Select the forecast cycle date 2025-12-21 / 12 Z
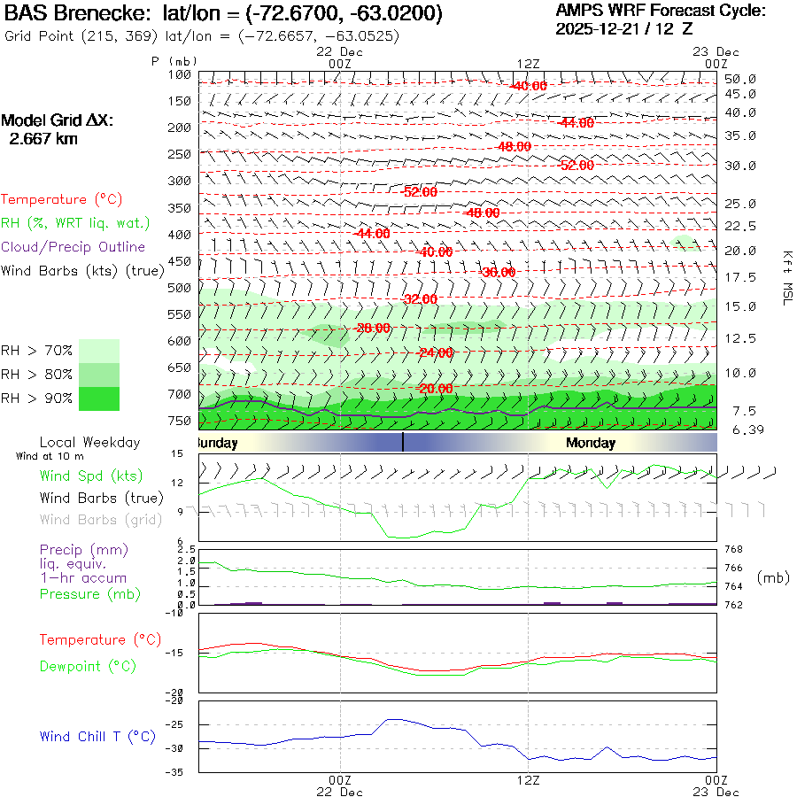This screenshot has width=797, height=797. point(624,28)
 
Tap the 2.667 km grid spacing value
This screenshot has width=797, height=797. point(43,138)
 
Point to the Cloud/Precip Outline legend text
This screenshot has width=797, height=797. point(73,247)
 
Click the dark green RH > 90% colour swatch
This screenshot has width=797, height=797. point(99,398)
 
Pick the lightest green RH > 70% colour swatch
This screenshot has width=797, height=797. point(99,351)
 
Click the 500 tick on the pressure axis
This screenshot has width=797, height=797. point(179,288)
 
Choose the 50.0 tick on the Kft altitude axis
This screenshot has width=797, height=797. point(739,79)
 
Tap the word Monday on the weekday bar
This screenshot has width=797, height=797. point(591,443)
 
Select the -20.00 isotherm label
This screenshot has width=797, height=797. point(435,389)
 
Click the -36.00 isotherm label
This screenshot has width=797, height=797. point(497,273)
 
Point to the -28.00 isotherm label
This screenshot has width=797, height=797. point(372,329)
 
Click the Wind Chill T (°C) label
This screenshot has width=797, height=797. point(97,737)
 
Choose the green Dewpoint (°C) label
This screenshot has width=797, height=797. point(88,666)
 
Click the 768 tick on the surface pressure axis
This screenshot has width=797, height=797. point(734,550)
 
